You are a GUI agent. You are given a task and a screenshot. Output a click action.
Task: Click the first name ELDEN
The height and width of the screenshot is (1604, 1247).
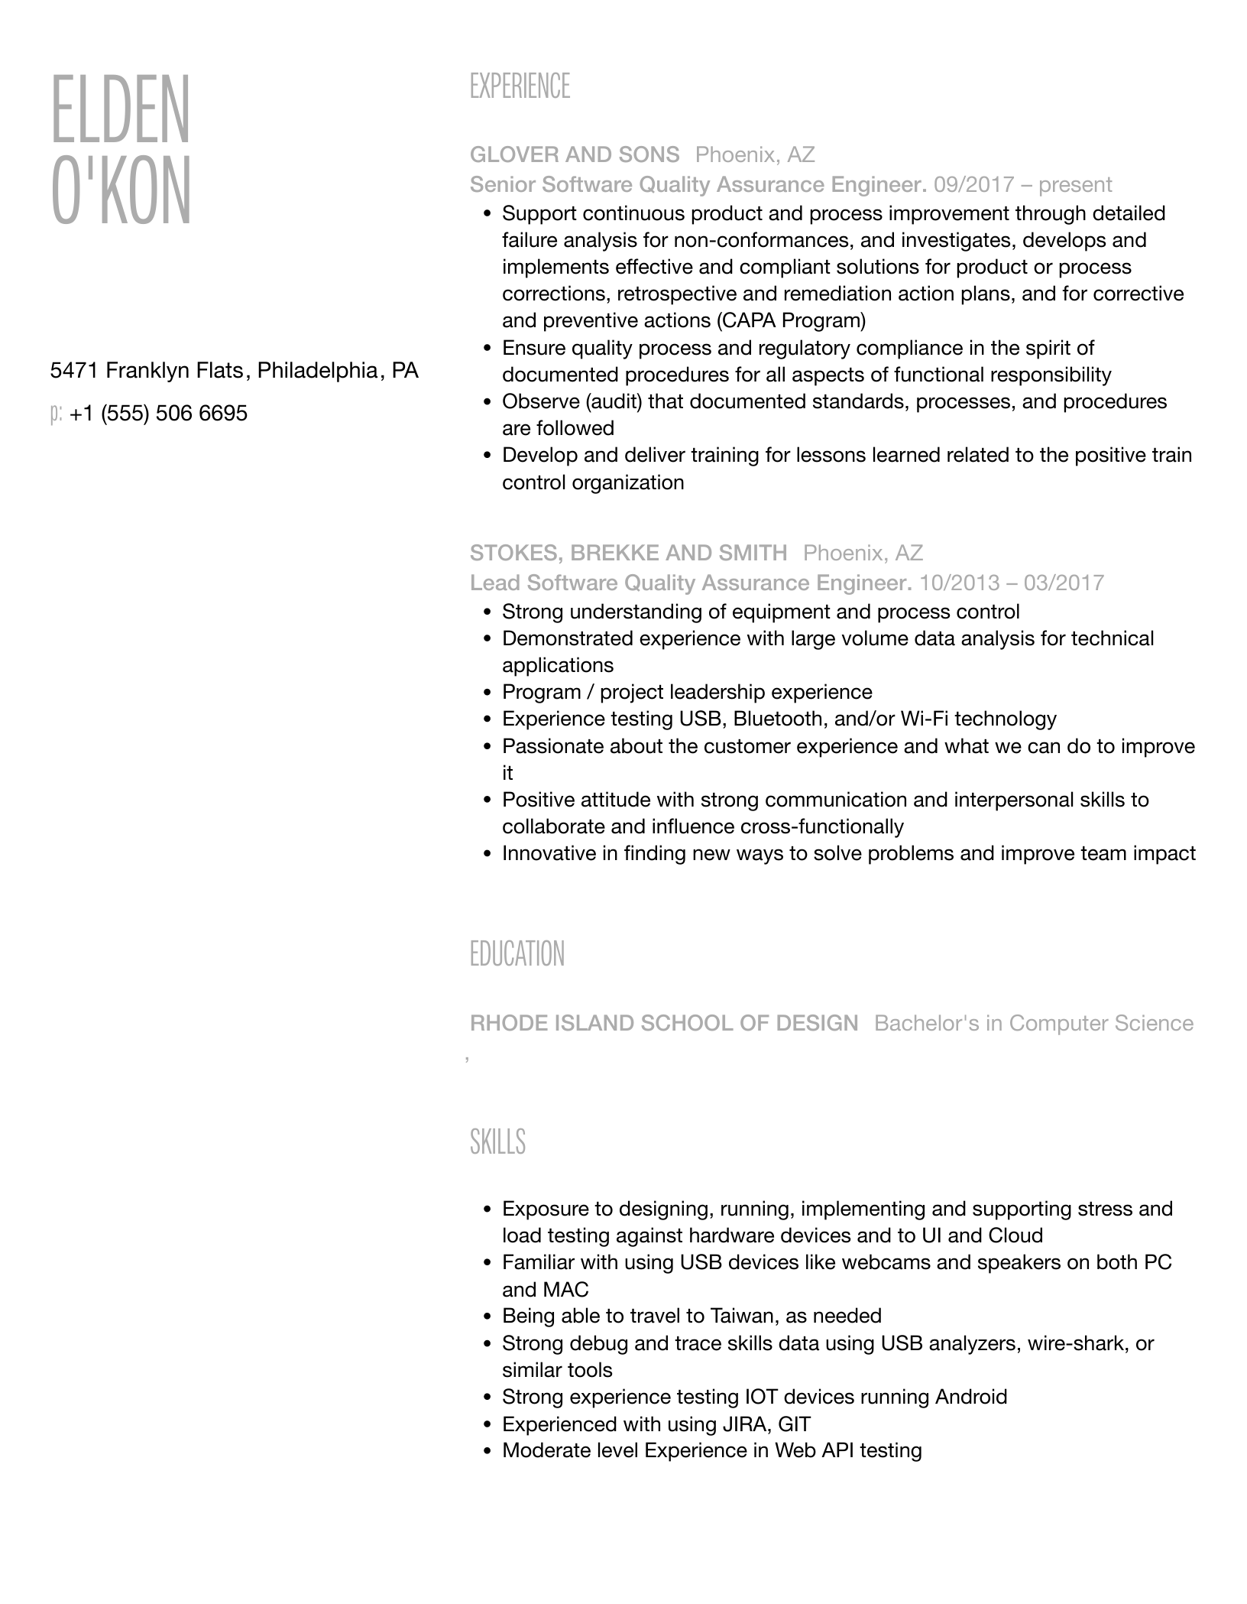120,109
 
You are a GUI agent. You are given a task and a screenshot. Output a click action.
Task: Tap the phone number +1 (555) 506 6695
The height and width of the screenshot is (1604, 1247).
158,414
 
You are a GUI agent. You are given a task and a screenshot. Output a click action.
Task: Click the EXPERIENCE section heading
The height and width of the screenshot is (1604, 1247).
520,86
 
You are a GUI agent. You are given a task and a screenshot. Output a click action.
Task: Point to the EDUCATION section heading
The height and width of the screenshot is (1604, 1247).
517,954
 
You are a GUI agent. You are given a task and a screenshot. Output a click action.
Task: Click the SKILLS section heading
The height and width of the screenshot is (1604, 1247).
497,1141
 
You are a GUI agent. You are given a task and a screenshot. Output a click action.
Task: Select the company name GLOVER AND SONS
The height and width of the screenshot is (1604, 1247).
575,155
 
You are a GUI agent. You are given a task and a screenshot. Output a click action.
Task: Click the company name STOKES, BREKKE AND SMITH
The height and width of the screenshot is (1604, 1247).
628,553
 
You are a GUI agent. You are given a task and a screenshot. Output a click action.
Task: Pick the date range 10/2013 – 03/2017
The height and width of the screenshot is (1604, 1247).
1011,583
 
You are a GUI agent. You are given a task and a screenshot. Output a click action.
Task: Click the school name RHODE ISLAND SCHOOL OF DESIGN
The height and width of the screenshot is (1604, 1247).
664,1023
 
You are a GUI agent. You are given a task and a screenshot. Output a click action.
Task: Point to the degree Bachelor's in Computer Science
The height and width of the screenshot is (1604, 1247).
1033,1023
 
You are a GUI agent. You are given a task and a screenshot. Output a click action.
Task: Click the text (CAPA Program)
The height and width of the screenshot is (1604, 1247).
792,320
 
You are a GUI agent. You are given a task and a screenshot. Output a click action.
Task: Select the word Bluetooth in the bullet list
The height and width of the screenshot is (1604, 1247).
779,719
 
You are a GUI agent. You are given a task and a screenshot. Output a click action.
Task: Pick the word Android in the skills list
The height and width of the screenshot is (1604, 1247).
971,1397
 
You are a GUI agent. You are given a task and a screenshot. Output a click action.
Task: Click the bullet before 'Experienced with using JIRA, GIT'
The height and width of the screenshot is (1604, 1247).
487,1424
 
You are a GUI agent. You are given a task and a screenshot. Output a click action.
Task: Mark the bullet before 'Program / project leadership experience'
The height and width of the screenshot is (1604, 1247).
487,693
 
